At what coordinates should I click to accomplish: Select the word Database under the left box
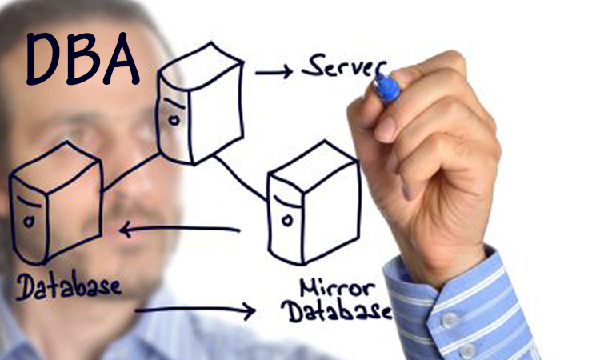(68, 285)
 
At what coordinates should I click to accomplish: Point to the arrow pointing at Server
(274, 73)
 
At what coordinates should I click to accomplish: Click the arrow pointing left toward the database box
(179, 230)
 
